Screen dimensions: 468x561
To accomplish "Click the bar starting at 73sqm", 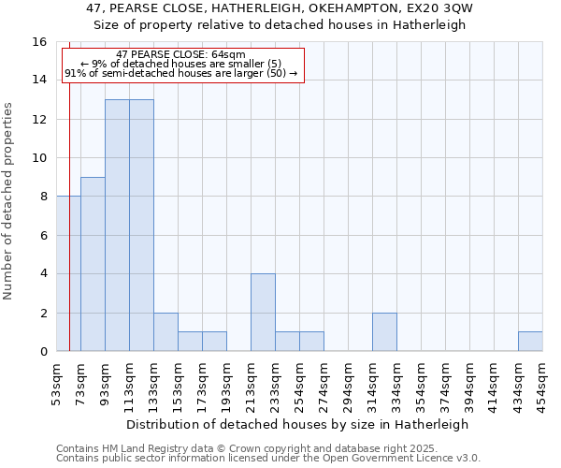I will coord(93,264).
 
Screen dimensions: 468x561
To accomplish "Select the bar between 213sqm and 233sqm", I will coord(263,313).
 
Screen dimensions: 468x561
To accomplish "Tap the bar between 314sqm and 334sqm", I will coord(384,332).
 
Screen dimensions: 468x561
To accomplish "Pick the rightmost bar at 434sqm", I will coord(530,342).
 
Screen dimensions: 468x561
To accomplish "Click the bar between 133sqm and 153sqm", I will coord(165,332).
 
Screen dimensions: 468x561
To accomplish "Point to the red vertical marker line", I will coord(69,234).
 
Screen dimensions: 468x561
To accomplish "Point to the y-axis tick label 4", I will coord(43,274).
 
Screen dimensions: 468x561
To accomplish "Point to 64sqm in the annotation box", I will coord(227,54).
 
